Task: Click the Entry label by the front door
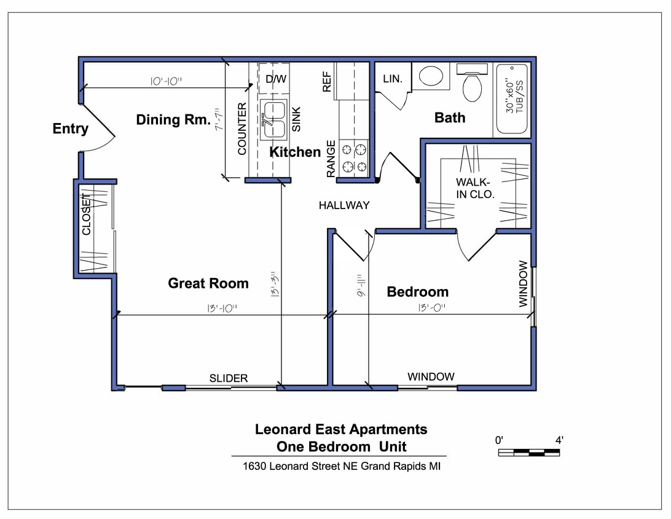coord(70,129)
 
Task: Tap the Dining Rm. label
coord(173,120)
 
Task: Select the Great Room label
coord(208,283)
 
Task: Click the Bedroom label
coord(417,292)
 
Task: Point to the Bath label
coord(450,117)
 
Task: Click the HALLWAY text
coord(344,205)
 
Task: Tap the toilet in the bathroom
coord(473,87)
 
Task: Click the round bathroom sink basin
coord(431,76)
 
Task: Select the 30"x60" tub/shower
coord(512,99)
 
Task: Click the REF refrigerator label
coord(327,81)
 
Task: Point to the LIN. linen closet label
coord(392,79)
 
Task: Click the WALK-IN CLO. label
coord(475,188)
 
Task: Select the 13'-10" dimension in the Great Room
coord(219,309)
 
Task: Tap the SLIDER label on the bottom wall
coord(229,378)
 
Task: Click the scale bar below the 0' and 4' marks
coord(528,453)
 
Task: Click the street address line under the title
coord(342,466)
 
